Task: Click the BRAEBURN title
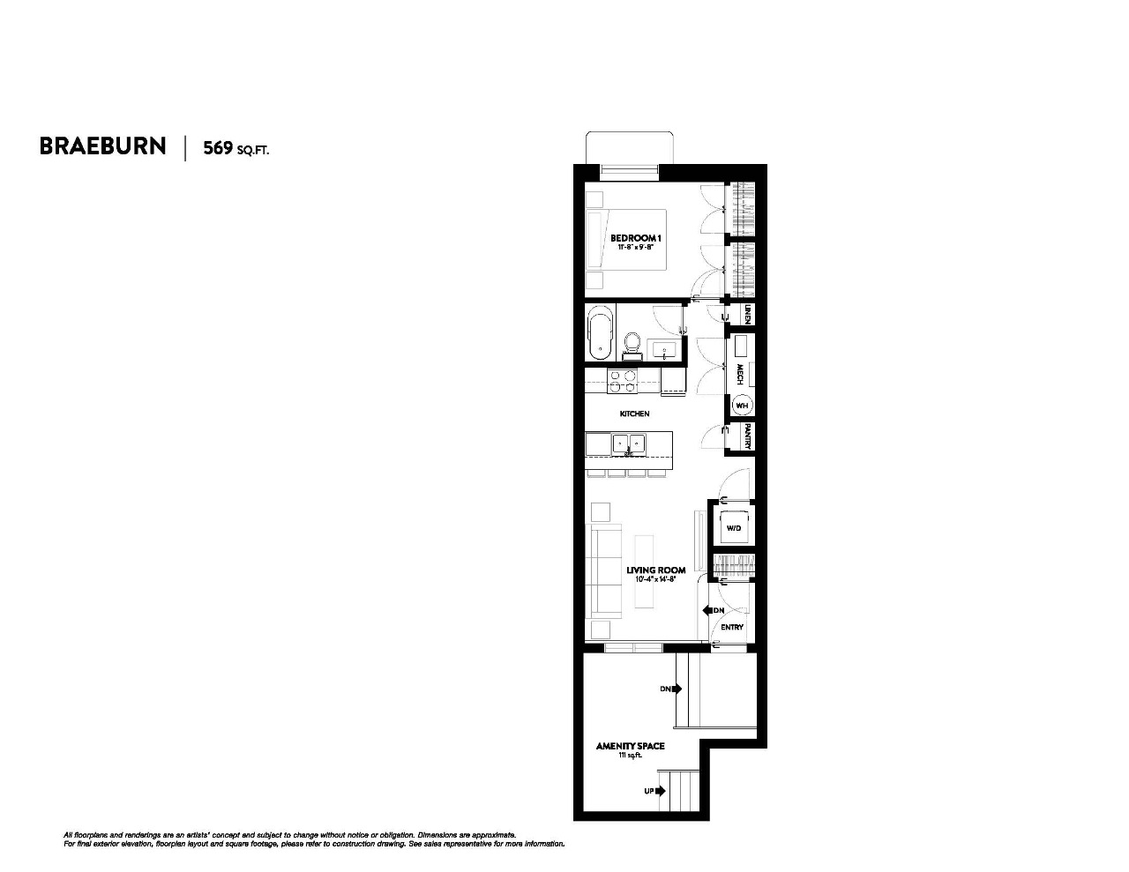pyautogui.click(x=102, y=146)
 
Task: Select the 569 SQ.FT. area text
pyautogui.click(x=236, y=148)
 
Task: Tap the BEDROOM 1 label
pyautogui.click(x=635, y=238)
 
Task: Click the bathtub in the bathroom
pyautogui.click(x=601, y=332)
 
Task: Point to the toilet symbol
pyautogui.click(x=632, y=341)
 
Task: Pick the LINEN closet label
pyautogui.click(x=747, y=314)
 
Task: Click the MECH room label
pyautogui.click(x=740, y=375)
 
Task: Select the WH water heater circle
pyautogui.click(x=742, y=406)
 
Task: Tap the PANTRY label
pyautogui.click(x=747, y=436)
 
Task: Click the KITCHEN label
pyautogui.click(x=634, y=414)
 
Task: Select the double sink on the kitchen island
pyautogui.click(x=629, y=443)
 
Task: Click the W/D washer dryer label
pyautogui.click(x=732, y=528)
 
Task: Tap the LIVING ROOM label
pyautogui.click(x=655, y=570)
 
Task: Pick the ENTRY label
pyautogui.click(x=732, y=627)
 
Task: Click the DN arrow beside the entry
pyautogui.click(x=713, y=610)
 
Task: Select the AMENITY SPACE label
pyautogui.click(x=630, y=746)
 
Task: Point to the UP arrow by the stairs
pyautogui.click(x=654, y=791)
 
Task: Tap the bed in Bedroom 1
pyautogui.click(x=626, y=240)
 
